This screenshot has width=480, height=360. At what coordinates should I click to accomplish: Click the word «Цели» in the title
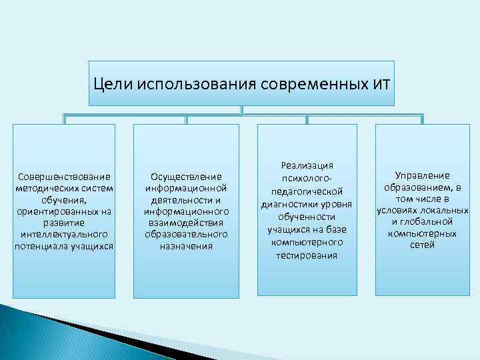pos(113,84)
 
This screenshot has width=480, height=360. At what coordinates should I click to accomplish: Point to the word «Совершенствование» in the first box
pos(64,177)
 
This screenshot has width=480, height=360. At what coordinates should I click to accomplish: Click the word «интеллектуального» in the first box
pos(64,235)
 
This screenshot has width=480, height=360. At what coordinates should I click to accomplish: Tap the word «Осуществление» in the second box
pos(186,177)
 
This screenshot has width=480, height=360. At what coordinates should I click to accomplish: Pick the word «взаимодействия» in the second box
pos(186,223)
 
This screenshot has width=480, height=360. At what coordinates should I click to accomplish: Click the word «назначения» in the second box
pos(186,246)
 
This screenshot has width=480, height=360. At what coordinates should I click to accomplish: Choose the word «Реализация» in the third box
pos(307,165)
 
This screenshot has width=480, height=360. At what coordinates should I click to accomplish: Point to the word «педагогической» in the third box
pos(307,191)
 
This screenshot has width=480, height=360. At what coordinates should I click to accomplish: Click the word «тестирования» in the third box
pos(307,255)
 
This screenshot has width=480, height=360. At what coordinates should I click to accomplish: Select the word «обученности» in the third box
pos(307,217)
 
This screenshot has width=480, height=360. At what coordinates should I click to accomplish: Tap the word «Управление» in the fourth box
pos(422,175)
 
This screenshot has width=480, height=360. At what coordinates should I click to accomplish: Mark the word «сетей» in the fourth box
pos(422,245)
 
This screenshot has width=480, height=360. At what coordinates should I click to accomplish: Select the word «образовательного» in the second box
pos(186,235)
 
